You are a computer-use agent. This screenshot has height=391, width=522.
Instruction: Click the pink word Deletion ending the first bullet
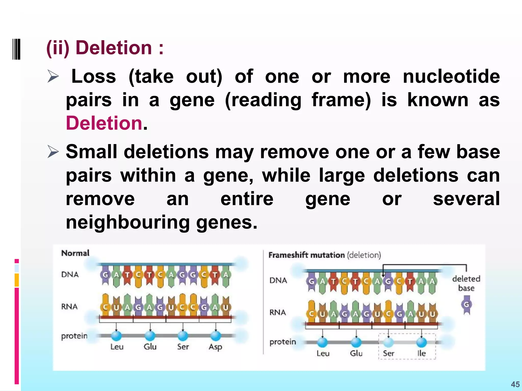tap(104, 123)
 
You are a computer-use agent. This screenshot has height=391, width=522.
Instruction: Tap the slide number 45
tap(515, 384)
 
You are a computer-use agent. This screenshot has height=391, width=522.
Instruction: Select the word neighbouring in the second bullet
tap(127, 222)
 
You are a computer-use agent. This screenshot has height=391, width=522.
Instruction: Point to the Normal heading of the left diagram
tap(75, 253)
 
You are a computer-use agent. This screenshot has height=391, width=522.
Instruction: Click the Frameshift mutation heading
tap(307, 255)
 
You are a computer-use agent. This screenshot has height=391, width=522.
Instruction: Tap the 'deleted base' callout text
tap(466, 283)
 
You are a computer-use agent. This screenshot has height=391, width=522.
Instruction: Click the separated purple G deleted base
tap(466, 304)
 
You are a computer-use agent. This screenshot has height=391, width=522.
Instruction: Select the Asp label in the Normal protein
tap(215, 347)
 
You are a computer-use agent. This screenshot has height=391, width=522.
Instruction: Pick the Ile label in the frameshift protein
tap(422, 353)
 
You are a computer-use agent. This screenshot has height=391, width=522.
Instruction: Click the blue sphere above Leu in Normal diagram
tap(116, 336)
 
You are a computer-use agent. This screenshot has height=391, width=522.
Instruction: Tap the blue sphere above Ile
tap(422, 342)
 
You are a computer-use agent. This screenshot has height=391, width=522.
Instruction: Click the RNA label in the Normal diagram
tap(69, 306)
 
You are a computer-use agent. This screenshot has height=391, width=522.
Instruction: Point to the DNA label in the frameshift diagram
tap(278, 280)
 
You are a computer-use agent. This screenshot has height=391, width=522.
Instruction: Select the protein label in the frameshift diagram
tap(283, 342)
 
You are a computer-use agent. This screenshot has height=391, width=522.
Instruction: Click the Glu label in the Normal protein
tap(150, 347)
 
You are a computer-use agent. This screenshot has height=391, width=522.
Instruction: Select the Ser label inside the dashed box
tap(388, 353)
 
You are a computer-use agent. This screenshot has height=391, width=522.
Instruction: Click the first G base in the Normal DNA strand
tap(105, 275)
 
